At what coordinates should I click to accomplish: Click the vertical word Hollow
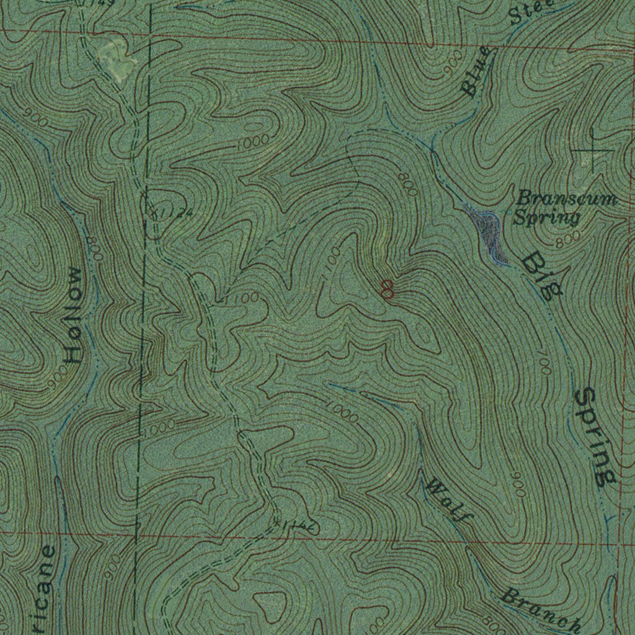[74, 315]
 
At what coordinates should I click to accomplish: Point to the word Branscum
[567, 199]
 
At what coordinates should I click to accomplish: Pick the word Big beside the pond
[541, 276]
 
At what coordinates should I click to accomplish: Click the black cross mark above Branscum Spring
[593, 150]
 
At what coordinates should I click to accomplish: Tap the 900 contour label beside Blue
[454, 64]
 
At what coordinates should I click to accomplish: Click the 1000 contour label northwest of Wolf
[342, 413]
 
